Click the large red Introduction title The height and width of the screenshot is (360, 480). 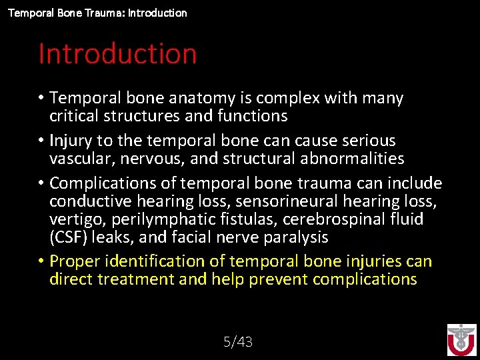tap(117, 54)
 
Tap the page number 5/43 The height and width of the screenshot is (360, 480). tap(238, 342)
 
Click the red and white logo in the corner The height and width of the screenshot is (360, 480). tap(461, 340)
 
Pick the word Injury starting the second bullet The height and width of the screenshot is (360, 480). tap(71, 141)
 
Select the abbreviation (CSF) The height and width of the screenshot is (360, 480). tap(70, 237)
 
